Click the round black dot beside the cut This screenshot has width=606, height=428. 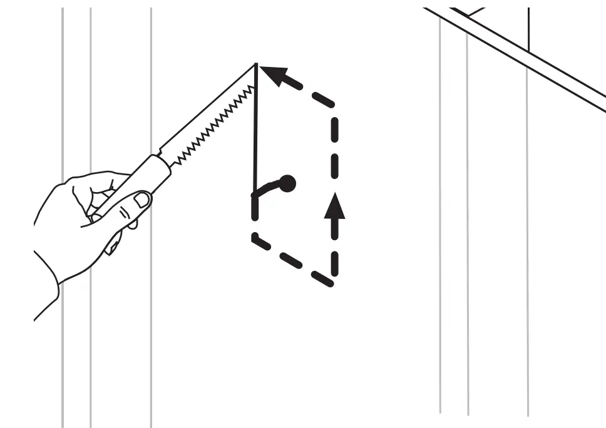tap(287, 183)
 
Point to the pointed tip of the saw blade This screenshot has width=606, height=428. tap(256, 64)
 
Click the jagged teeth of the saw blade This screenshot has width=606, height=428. tap(213, 126)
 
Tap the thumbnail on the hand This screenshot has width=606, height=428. tap(142, 200)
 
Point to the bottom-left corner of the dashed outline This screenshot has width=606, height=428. tap(255, 238)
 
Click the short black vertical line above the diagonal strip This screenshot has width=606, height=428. tap(528, 28)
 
